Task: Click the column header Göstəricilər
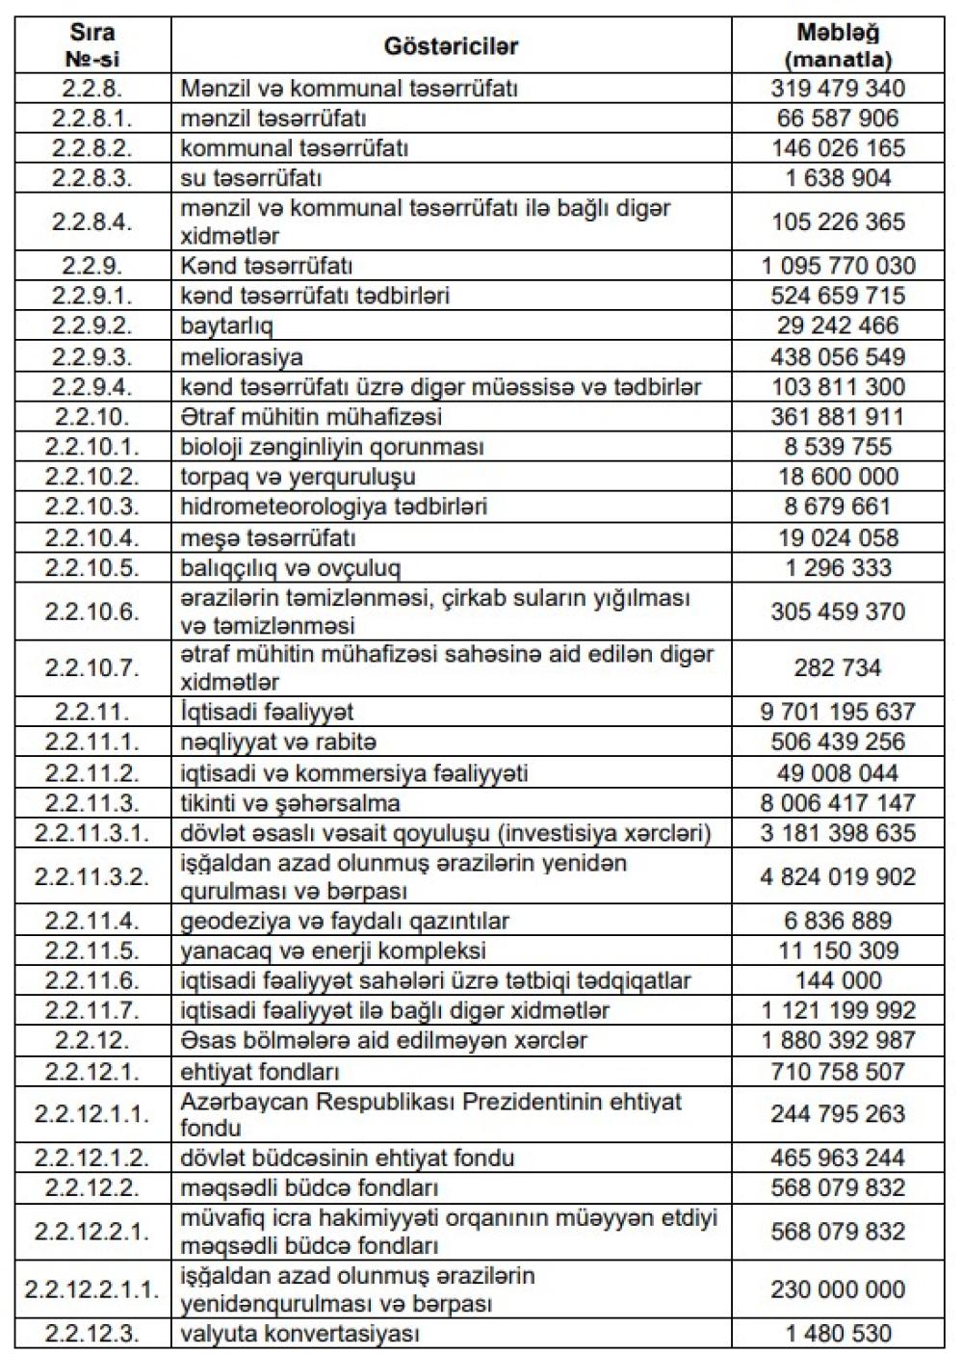click(451, 46)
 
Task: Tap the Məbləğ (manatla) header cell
click(838, 45)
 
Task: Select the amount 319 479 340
click(838, 89)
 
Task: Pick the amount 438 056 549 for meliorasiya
click(838, 356)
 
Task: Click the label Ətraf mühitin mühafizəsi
click(311, 417)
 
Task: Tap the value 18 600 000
click(838, 477)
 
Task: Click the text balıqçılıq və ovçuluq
click(290, 567)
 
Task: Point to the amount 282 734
click(838, 667)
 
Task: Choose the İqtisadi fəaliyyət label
click(267, 712)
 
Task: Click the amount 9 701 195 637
click(838, 712)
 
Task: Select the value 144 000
click(838, 980)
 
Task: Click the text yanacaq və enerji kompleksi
click(333, 950)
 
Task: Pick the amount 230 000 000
click(838, 1289)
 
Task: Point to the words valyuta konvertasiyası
click(300, 1334)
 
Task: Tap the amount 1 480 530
click(838, 1334)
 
